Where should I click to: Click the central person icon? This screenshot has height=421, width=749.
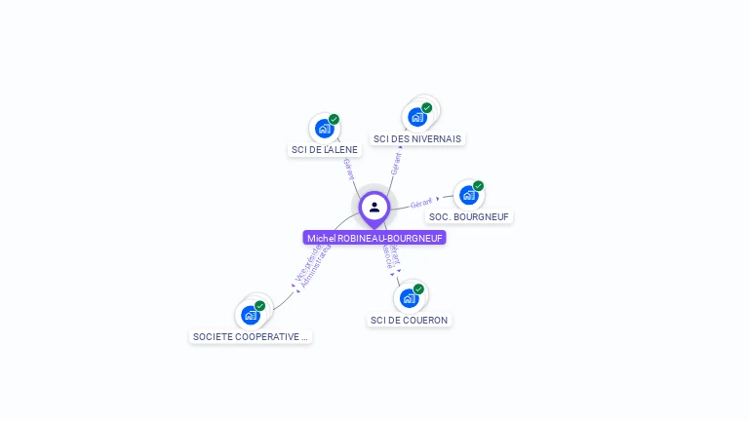click(x=374, y=207)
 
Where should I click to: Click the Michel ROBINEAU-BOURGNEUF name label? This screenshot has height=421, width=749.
click(x=374, y=238)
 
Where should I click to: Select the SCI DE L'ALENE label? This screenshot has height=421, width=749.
click(x=325, y=150)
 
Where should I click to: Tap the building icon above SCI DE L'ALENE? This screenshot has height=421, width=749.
click(x=323, y=129)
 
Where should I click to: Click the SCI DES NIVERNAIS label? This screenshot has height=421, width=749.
click(x=417, y=138)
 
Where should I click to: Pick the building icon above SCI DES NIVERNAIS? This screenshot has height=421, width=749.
click(x=417, y=117)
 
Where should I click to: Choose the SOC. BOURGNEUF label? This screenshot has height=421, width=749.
click(x=469, y=216)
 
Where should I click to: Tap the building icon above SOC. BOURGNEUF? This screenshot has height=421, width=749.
click(x=468, y=195)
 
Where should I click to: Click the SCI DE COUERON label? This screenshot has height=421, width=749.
click(x=410, y=320)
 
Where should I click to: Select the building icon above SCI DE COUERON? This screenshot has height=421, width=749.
click(x=409, y=298)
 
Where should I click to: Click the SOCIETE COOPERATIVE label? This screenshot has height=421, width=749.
click(x=251, y=336)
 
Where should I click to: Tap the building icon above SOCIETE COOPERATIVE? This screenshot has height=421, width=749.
click(x=251, y=315)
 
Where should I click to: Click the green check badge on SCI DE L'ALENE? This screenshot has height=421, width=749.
click(x=334, y=120)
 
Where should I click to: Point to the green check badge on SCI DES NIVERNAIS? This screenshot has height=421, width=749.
click(x=427, y=108)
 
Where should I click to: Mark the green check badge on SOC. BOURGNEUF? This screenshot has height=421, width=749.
click(x=478, y=186)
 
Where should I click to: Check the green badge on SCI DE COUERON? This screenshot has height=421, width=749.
click(x=418, y=289)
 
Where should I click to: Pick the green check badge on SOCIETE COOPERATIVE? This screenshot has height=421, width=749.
click(x=260, y=306)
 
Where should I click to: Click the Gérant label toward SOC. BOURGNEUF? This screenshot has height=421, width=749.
click(x=421, y=203)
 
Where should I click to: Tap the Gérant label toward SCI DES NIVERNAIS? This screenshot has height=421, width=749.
click(x=396, y=163)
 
